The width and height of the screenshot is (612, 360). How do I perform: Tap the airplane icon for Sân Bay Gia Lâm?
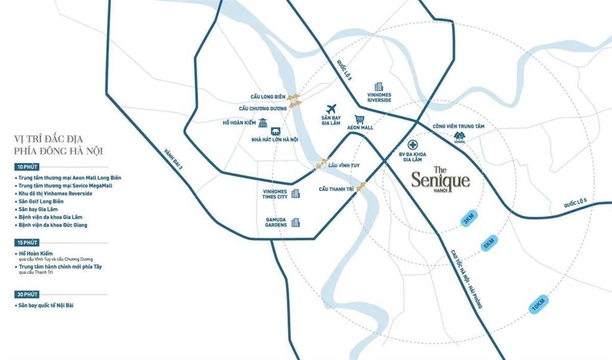coord(331,109)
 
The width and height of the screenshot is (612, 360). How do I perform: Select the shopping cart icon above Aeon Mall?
coord(359,120)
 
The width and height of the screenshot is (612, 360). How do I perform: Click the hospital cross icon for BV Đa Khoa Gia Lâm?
coord(412,145)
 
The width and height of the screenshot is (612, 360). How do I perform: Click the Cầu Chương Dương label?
coord(263,108)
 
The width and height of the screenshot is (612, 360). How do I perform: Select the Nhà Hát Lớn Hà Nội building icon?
coord(276,132)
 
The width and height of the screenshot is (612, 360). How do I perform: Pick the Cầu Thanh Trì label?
coord(336,189)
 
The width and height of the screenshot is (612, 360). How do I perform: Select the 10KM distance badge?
coord(538,306)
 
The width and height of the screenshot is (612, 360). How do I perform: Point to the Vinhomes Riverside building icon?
coord(378,87)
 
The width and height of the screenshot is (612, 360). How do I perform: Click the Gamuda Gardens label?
coord(277,222)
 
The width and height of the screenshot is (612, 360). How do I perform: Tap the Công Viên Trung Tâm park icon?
coord(459,138)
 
